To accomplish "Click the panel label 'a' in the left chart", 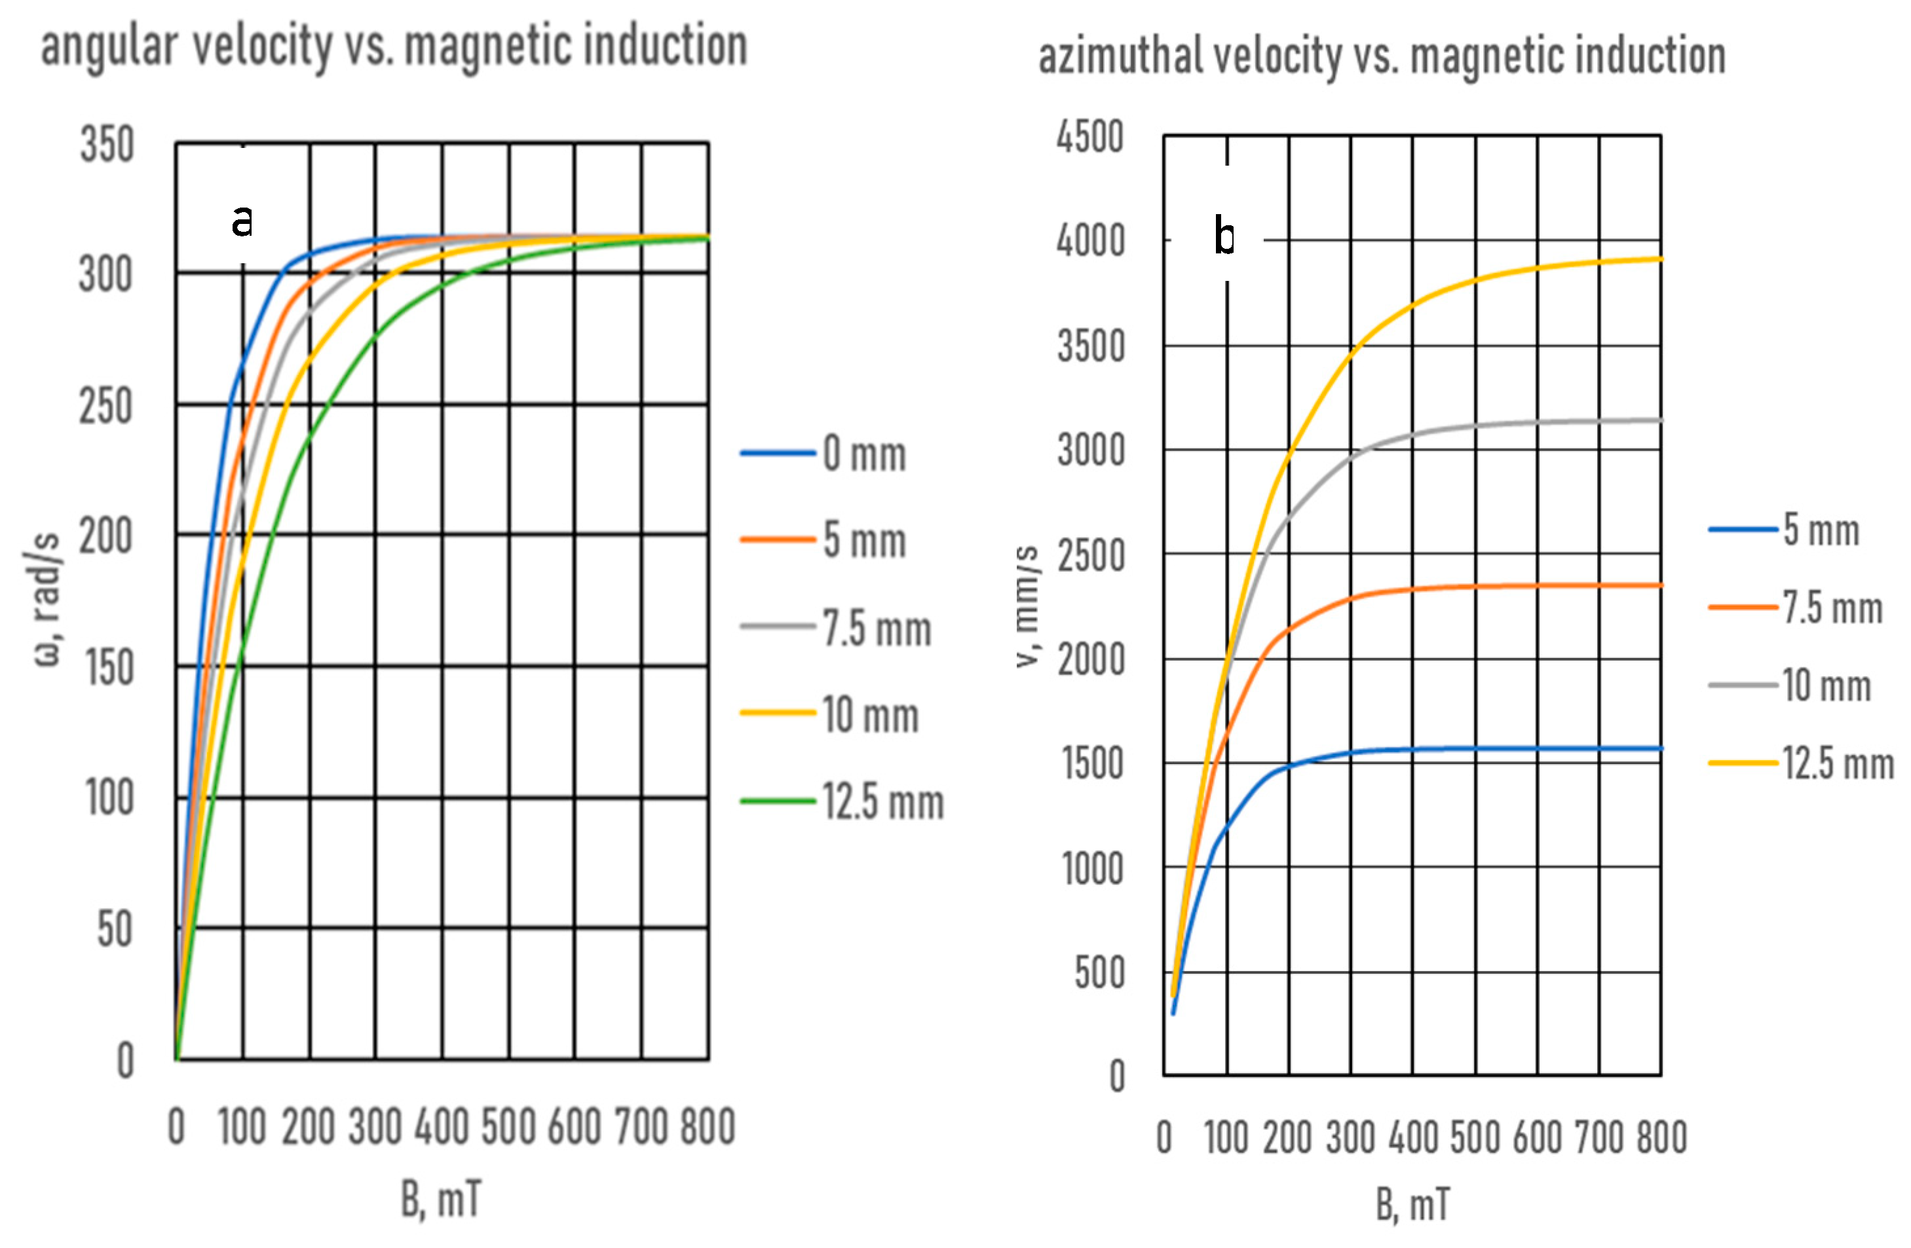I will click(242, 221).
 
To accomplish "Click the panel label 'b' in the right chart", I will click(1224, 238).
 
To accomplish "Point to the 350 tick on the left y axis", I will click(107, 146).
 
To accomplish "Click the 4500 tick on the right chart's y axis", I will click(1089, 138).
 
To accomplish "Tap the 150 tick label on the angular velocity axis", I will click(107, 668).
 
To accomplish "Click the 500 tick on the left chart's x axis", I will click(508, 1127).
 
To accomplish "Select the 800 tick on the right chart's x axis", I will click(1661, 1138).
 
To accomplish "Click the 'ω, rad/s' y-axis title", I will click(47, 598).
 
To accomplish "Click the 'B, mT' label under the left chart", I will click(442, 1200).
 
